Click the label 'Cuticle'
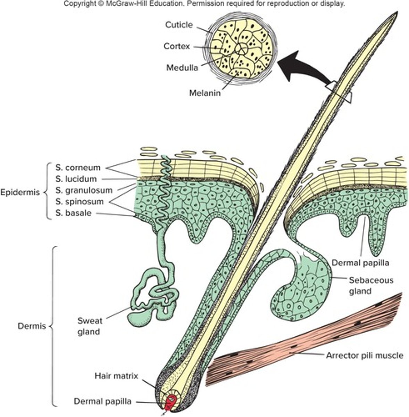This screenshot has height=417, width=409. click(178, 25)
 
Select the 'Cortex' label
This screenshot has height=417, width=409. click(177, 46)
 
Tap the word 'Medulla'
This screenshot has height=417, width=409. click(182, 67)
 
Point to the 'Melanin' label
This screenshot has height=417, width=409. click(205, 93)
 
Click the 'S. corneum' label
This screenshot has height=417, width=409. click(78, 167)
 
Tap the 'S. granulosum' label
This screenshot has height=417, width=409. click(84, 190)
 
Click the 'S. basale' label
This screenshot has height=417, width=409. click(73, 213)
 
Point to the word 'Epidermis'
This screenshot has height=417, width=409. click(20, 193)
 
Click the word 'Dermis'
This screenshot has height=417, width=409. click(32, 326)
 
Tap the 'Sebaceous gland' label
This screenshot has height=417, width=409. click(371, 285)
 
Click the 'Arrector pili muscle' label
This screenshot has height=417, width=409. click(365, 355)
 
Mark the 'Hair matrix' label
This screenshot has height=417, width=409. click(116, 376)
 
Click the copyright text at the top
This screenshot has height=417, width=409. click(204, 4)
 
